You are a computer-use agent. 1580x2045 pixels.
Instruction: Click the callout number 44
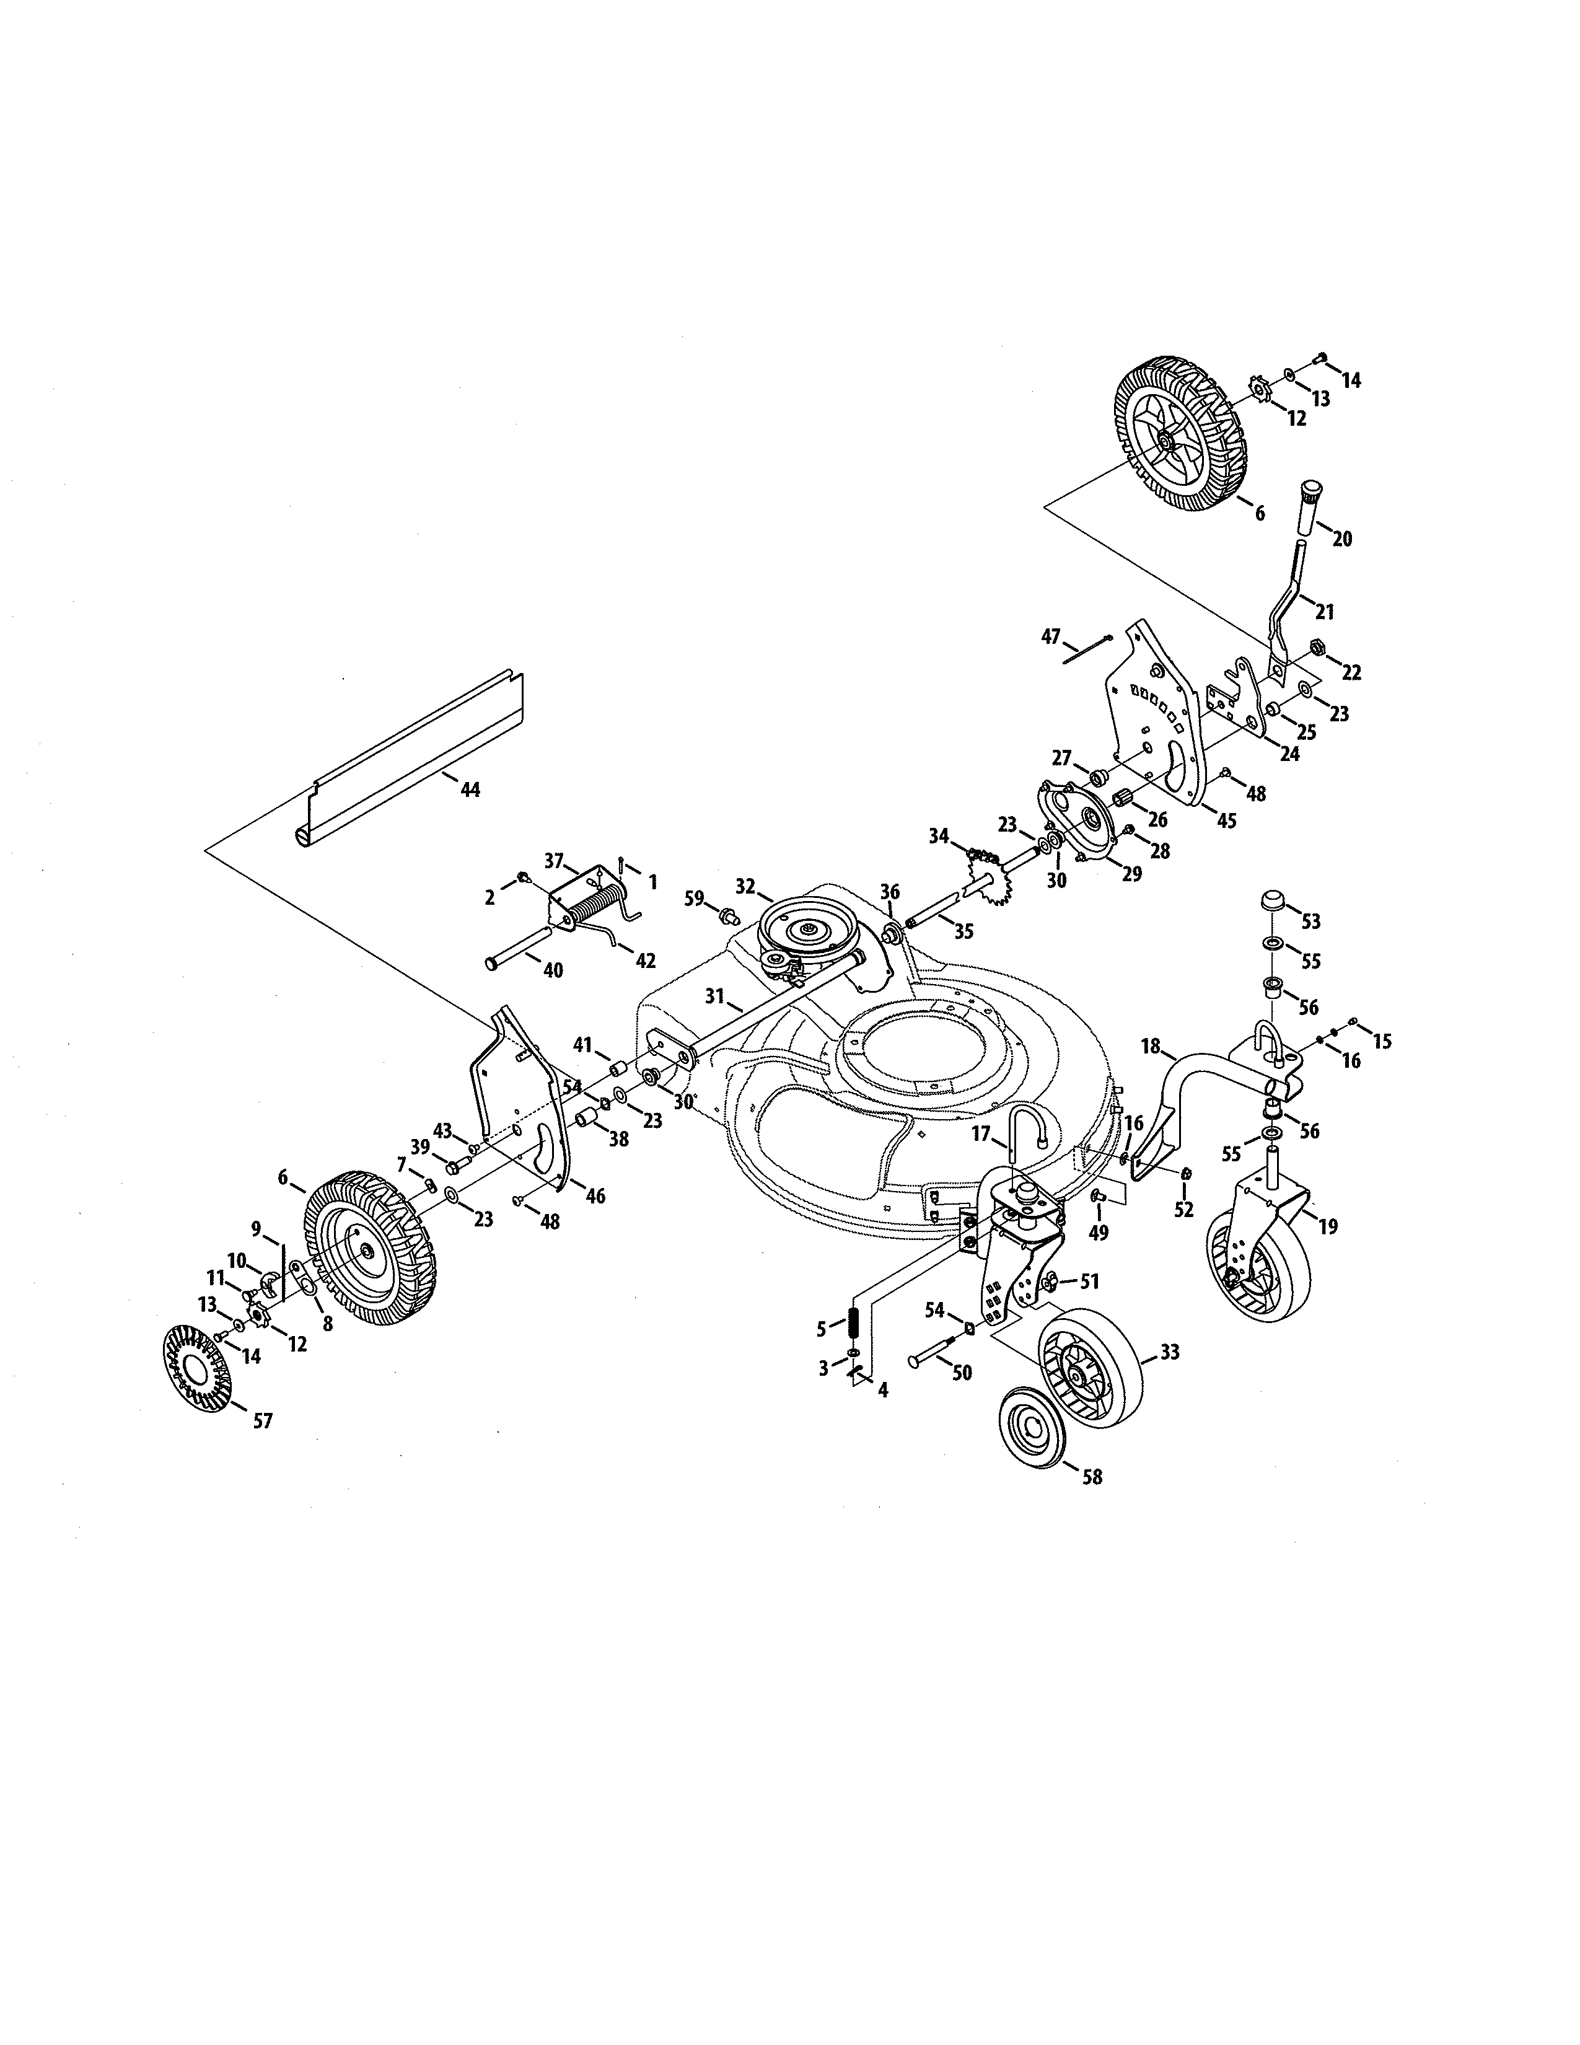point(471,790)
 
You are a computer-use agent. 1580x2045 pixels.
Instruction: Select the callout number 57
point(263,1422)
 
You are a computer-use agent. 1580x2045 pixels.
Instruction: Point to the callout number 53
point(1310,921)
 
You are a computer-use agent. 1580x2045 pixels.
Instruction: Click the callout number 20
point(1341,539)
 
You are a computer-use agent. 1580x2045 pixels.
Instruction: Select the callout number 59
point(693,899)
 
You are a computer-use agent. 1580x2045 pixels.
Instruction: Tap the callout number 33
point(1170,1352)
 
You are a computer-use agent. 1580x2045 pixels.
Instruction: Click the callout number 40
point(553,970)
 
